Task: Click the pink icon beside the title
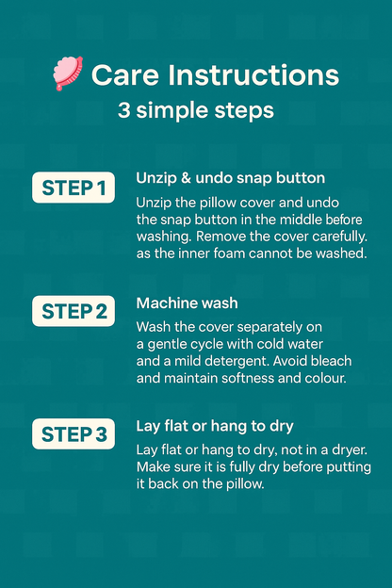68,73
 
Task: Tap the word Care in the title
125,75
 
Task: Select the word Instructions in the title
253,75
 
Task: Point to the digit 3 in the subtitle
124,110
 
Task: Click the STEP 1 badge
73,188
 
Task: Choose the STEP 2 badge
73,311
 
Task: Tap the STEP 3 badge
73,433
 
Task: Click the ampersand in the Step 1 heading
186,178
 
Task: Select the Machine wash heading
188,303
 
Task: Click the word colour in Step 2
326,378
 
